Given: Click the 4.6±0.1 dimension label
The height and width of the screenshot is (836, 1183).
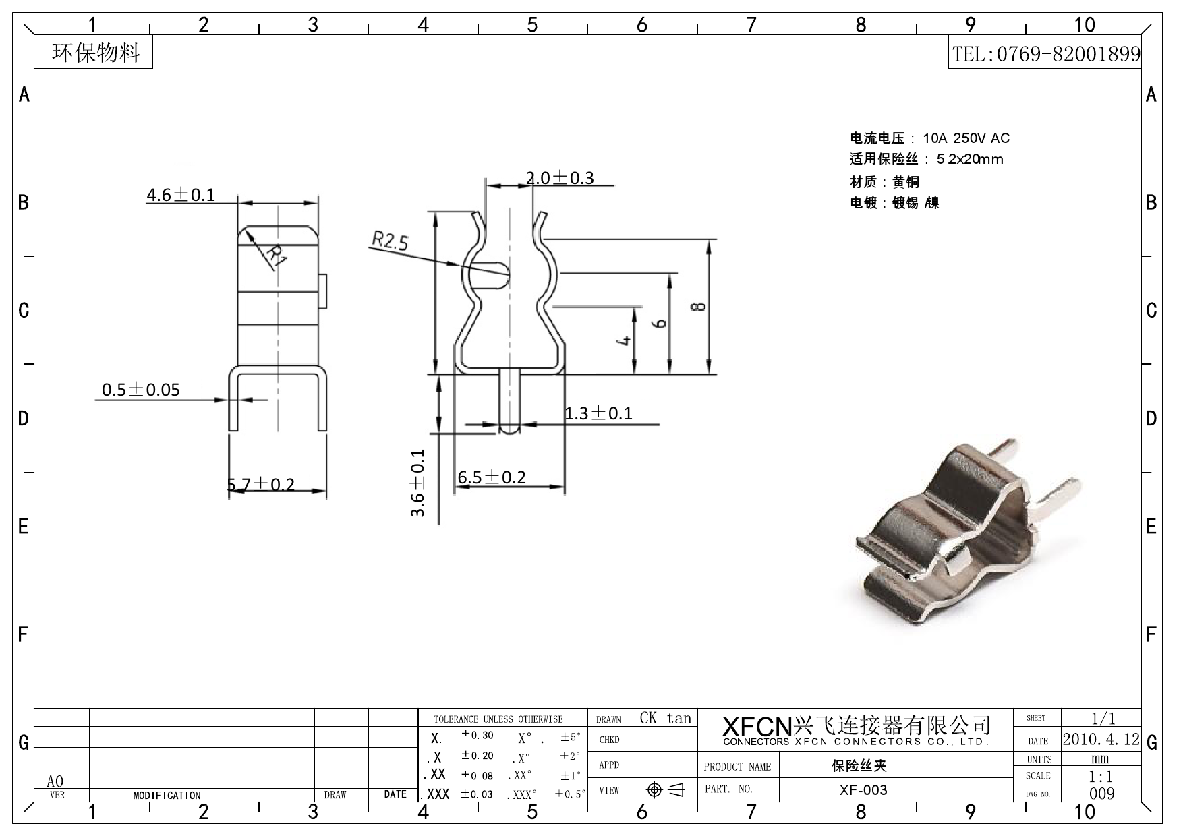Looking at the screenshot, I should [x=181, y=195].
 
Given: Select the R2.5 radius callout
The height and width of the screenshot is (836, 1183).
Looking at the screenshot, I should [x=390, y=241].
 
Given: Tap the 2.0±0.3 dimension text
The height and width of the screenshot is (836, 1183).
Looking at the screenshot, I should [x=560, y=178].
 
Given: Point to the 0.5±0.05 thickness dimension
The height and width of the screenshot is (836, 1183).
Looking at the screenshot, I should [x=141, y=390].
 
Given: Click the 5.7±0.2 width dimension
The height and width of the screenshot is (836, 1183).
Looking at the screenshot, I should [x=261, y=485].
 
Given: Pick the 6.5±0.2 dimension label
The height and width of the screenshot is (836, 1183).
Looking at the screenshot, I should [x=492, y=477].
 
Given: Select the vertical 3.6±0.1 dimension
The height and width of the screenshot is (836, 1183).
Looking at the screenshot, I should [x=418, y=483].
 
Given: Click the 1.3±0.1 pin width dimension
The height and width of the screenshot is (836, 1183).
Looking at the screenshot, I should [x=598, y=413].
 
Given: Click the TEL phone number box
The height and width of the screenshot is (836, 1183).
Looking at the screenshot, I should [x=1045, y=54].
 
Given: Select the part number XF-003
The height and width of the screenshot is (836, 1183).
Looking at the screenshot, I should [x=863, y=789].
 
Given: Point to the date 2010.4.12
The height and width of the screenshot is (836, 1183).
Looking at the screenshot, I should [x=1101, y=739].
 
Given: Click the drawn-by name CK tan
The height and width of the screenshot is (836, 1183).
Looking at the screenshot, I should [x=665, y=718].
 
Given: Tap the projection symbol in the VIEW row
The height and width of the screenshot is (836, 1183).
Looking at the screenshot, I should [x=664, y=789].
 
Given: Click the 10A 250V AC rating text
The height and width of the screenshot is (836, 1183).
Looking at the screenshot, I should [x=966, y=138].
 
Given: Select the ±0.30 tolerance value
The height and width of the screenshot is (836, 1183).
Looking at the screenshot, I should [x=477, y=735].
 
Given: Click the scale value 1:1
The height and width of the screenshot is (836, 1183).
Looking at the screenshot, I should [x=1101, y=777].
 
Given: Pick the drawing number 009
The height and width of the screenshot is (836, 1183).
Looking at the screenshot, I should [x=1101, y=794].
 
